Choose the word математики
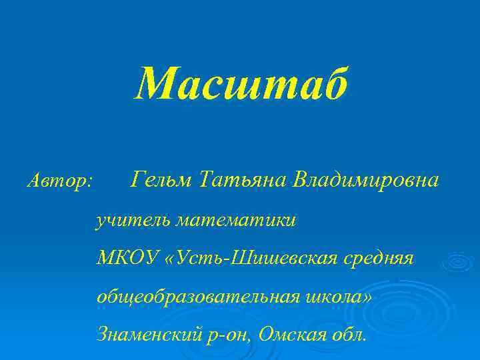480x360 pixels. coord(235,219)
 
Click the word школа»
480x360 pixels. coord(340,295)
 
